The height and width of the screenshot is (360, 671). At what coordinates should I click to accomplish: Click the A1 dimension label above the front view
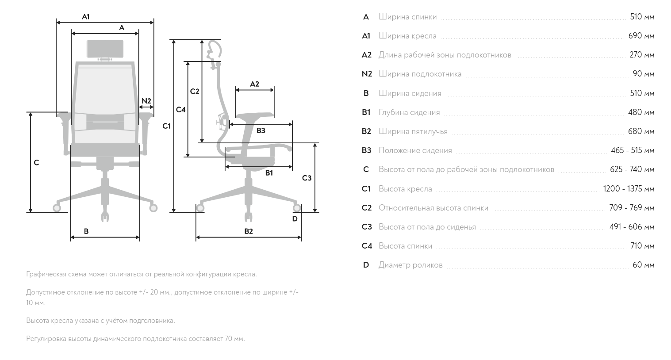(x=86, y=17)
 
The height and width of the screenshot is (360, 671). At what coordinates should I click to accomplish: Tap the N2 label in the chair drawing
(x=146, y=101)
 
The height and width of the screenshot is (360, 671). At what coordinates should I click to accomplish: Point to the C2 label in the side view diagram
(x=195, y=92)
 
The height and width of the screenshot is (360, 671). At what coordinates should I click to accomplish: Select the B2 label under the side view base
(x=249, y=231)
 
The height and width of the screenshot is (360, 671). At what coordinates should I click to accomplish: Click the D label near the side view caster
(x=295, y=218)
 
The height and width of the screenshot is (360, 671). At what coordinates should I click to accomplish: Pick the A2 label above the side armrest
(x=254, y=84)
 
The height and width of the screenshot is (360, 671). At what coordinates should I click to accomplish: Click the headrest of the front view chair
(x=105, y=49)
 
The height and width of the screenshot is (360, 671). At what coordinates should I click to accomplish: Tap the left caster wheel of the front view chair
(x=57, y=207)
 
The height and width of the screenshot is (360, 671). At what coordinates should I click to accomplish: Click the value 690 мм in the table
(x=641, y=36)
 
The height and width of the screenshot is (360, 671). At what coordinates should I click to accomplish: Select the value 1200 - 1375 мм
(x=628, y=189)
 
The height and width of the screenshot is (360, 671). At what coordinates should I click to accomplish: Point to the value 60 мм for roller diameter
(x=643, y=265)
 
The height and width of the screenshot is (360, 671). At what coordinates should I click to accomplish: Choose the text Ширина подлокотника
(x=420, y=74)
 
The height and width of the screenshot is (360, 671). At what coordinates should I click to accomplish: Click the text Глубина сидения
(x=409, y=112)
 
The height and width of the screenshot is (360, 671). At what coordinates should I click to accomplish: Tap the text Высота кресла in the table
(x=405, y=189)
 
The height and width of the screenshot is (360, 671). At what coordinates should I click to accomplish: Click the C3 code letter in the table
(x=367, y=227)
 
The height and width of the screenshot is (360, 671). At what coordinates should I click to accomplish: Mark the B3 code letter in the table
(x=366, y=150)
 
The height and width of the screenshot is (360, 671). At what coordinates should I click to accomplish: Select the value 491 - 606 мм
(x=632, y=227)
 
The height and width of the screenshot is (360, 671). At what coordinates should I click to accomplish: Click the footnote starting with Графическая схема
(x=141, y=274)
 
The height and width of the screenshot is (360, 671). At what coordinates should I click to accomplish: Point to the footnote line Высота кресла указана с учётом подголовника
(x=100, y=321)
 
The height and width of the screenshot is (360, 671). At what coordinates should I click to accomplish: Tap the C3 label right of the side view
(x=307, y=178)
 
